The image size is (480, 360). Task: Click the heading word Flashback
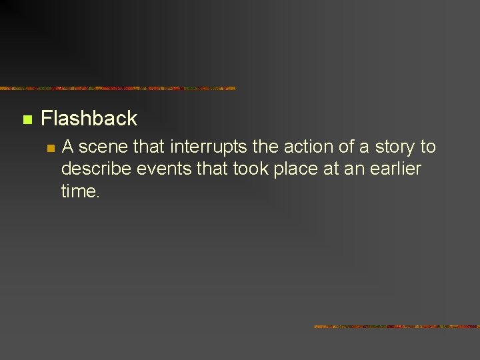click(x=89, y=119)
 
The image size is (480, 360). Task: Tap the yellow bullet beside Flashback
click(x=27, y=120)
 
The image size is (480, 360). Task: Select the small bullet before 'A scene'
click(x=49, y=148)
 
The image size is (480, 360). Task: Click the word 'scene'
click(x=103, y=147)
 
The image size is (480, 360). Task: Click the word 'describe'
click(x=96, y=169)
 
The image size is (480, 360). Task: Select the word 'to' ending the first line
click(x=427, y=147)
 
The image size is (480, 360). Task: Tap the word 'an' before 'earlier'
click(x=353, y=169)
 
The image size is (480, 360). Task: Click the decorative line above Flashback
click(x=118, y=88)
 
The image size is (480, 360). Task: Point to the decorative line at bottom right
click(x=397, y=327)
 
